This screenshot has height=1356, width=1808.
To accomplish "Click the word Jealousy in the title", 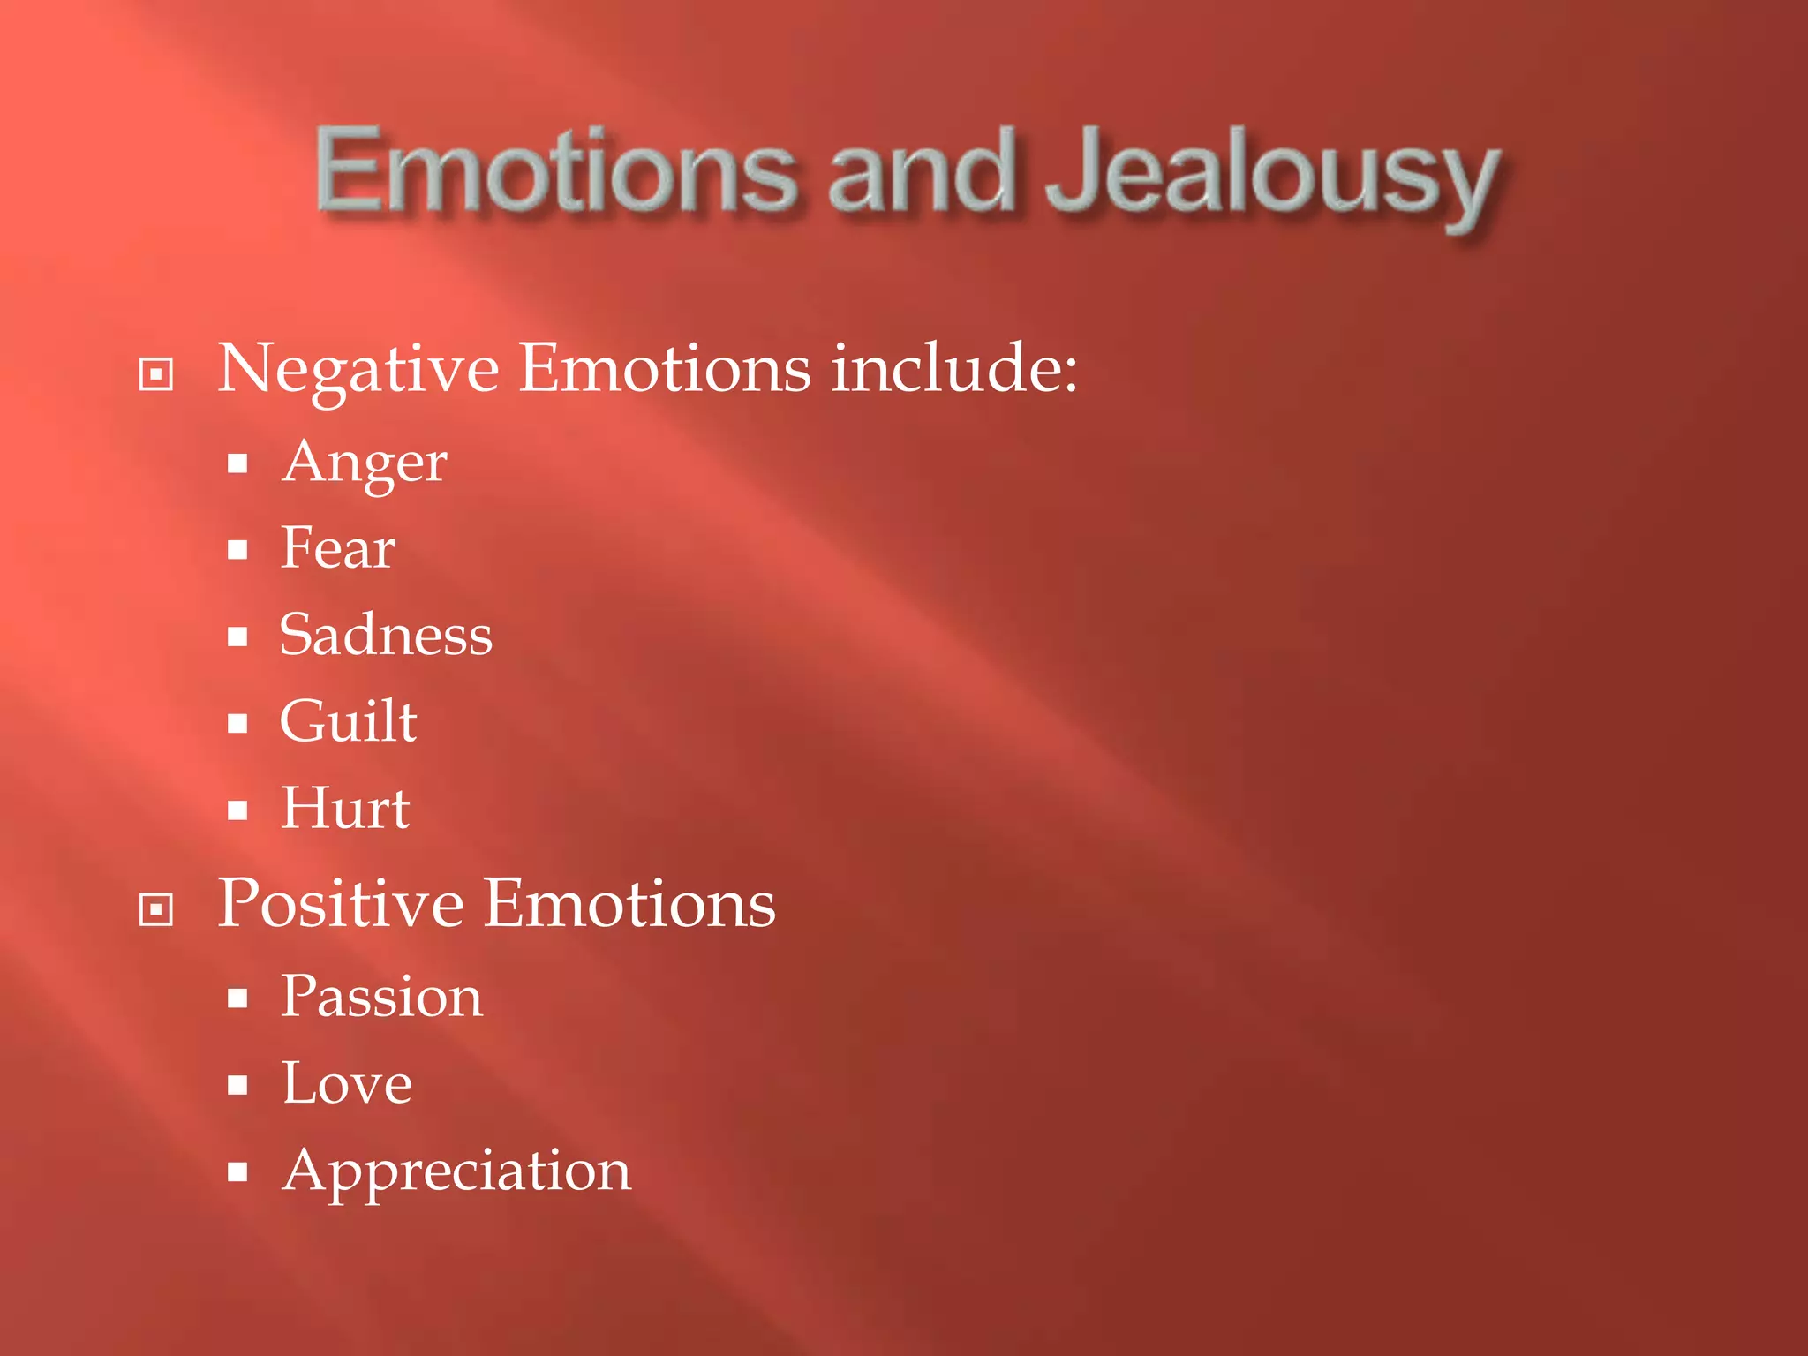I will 1271,172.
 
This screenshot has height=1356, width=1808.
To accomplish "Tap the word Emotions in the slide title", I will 556,169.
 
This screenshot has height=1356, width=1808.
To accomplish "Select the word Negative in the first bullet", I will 358,369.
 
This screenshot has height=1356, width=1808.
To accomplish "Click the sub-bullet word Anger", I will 365,463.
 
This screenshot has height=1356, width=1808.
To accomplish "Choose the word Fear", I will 338,548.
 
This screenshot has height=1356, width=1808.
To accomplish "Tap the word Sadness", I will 386,635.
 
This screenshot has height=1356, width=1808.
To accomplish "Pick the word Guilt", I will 348,721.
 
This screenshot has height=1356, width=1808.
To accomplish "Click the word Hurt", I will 345,808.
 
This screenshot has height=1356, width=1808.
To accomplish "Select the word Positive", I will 341,904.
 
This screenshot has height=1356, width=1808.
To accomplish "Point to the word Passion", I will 381,998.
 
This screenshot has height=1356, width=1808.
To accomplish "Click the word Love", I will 347,1084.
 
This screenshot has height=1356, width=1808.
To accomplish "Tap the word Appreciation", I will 456,1172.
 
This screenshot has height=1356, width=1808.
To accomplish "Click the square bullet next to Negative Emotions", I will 156,373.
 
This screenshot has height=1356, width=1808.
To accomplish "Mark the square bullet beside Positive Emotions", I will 156,909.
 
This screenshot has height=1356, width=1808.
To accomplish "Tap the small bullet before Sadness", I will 237,637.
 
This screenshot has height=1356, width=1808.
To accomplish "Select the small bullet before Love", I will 237,1085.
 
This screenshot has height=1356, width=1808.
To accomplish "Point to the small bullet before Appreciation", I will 237,1172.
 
